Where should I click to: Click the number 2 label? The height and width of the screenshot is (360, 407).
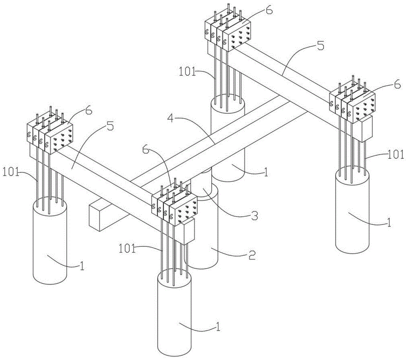click(252, 255)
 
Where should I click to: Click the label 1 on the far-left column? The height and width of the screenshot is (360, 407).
click(82, 266)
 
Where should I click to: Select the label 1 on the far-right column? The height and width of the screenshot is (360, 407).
click(389, 222)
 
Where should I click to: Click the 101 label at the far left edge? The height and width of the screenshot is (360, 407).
click(11, 173)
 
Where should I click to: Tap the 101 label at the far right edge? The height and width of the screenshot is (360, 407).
click(396, 155)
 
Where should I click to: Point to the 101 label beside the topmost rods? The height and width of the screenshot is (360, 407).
click(187, 72)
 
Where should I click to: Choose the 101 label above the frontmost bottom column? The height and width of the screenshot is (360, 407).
click(127, 249)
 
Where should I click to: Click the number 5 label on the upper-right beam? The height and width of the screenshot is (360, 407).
click(321, 46)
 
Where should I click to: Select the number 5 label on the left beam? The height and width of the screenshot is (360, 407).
click(110, 127)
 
